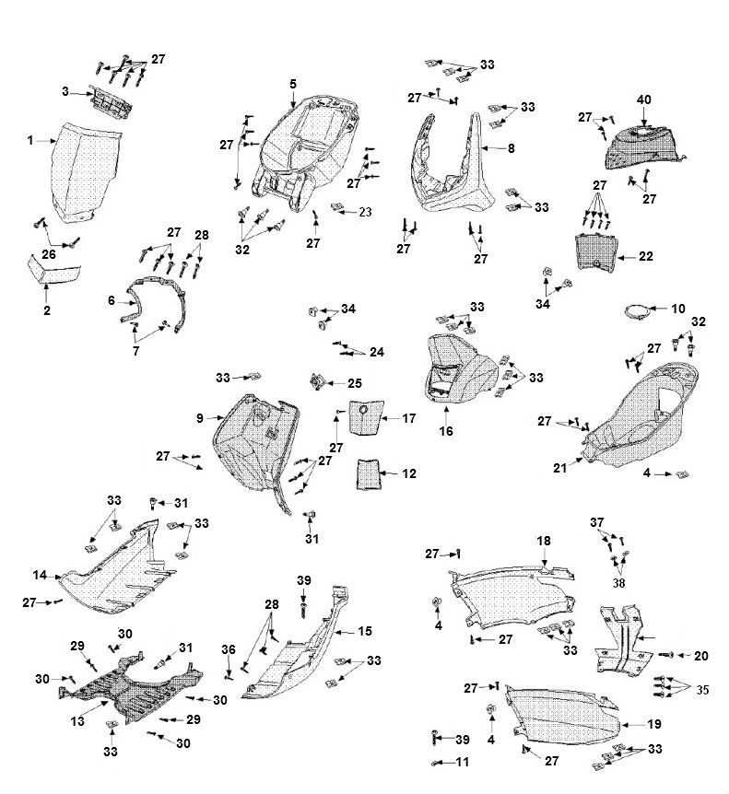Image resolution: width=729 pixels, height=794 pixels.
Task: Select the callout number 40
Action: click(643, 99)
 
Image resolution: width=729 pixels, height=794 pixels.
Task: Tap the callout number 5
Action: click(292, 84)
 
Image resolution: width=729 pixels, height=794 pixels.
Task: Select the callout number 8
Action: click(511, 146)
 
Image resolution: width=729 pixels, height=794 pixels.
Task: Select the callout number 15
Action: click(365, 632)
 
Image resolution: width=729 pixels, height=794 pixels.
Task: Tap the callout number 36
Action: click(229, 649)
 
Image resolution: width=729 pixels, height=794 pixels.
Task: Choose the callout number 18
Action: click(543, 541)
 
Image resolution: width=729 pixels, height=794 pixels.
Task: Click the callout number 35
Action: click(703, 688)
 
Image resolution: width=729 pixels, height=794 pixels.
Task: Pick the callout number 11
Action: click(462, 762)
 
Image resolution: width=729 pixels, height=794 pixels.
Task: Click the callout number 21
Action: click(559, 468)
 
